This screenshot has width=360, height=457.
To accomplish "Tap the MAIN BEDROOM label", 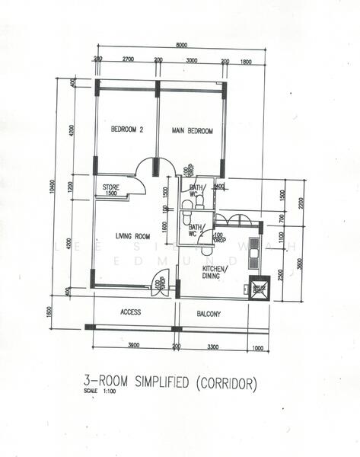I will click(x=192, y=130).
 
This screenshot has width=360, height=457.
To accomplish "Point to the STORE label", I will click(x=111, y=187).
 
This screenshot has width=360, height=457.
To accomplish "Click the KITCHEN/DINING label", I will click(x=212, y=272).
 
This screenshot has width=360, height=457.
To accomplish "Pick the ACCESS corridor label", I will click(x=131, y=312).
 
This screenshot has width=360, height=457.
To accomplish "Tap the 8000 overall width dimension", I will click(x=181, y=46).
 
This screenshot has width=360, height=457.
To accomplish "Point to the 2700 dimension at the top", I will click(x=128, y=59).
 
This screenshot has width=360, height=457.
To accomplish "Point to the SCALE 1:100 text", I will click(x=97, y=392).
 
